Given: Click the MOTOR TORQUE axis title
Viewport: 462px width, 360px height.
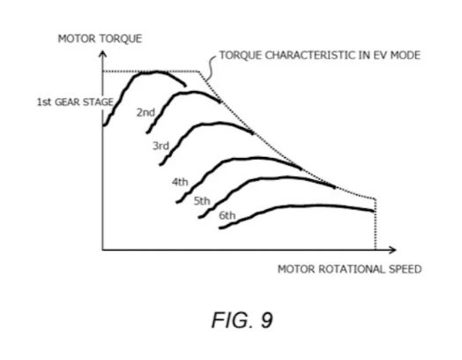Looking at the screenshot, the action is click(x=100, y=39).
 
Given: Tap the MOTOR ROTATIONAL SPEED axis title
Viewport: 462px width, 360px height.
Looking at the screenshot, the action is click(x=350, y=269).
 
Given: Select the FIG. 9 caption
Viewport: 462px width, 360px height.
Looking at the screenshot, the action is click(x=242, y=320).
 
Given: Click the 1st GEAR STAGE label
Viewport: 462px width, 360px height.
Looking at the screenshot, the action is click(x=75, y=102).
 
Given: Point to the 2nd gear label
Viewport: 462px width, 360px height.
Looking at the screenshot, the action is click(x=145, y=112).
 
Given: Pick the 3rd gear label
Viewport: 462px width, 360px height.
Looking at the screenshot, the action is click(x=160, y=146).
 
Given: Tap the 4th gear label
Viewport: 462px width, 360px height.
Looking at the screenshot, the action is click(x=180, y=182).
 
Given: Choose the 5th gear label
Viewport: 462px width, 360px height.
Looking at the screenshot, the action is click(x=202, y=201).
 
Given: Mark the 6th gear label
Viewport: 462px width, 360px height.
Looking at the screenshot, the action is click(x=227, y=215).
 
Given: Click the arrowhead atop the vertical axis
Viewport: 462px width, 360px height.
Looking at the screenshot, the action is click(x=102, y=53).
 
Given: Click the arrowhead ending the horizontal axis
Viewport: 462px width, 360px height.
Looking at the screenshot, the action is click(x=392, y=250).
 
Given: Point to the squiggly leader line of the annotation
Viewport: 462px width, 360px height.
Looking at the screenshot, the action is click(x=210, y=67).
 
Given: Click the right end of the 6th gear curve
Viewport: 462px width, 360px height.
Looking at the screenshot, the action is click(x=374, y=211).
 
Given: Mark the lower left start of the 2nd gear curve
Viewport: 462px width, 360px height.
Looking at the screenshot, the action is click(x=147, y=132).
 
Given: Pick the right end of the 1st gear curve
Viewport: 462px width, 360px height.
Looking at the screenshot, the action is click(x=185, y=86).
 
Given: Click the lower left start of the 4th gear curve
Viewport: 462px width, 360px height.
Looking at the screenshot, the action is click(x=177, y=202).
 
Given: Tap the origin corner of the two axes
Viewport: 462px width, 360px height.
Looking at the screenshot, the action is click(x=102, y=250).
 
